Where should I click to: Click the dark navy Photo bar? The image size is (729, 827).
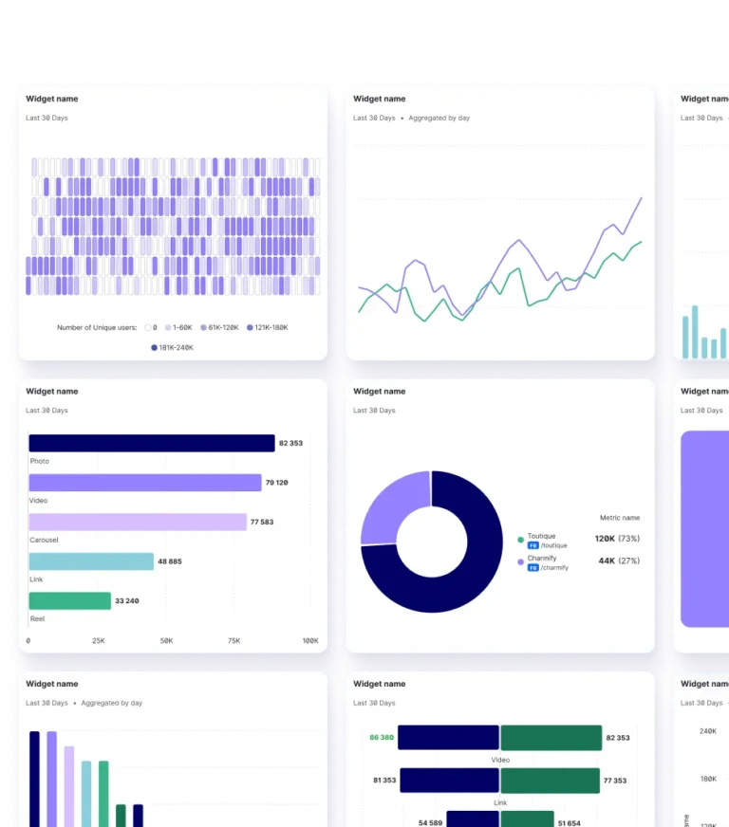tap(152, 443)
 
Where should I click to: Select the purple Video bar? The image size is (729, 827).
tap(144, 483)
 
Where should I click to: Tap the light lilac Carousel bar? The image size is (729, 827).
tap(138, 522)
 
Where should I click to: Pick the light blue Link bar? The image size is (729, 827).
tap(91, 561)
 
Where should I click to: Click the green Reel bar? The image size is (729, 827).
tap(69, 600)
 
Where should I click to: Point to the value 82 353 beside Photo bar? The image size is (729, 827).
tap(290, 443)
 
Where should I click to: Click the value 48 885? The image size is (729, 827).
tap(170, 561)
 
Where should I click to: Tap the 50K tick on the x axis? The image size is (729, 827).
tap(166, 641)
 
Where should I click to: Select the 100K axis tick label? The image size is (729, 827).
tap(309, 641)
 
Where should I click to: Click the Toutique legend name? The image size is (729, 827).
tap(542, 536)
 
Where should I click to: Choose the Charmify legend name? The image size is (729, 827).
tap(542, 559)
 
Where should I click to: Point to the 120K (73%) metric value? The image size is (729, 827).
tap(617, 539)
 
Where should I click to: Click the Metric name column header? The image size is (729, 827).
tap(620, 518)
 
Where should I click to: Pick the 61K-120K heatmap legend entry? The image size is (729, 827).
tap(219, 327)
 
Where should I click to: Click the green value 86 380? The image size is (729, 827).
tap(382, 737)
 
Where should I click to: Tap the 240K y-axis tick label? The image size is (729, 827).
tap(707, 730)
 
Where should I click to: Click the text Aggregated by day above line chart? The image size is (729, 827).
tap(439, 119)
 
